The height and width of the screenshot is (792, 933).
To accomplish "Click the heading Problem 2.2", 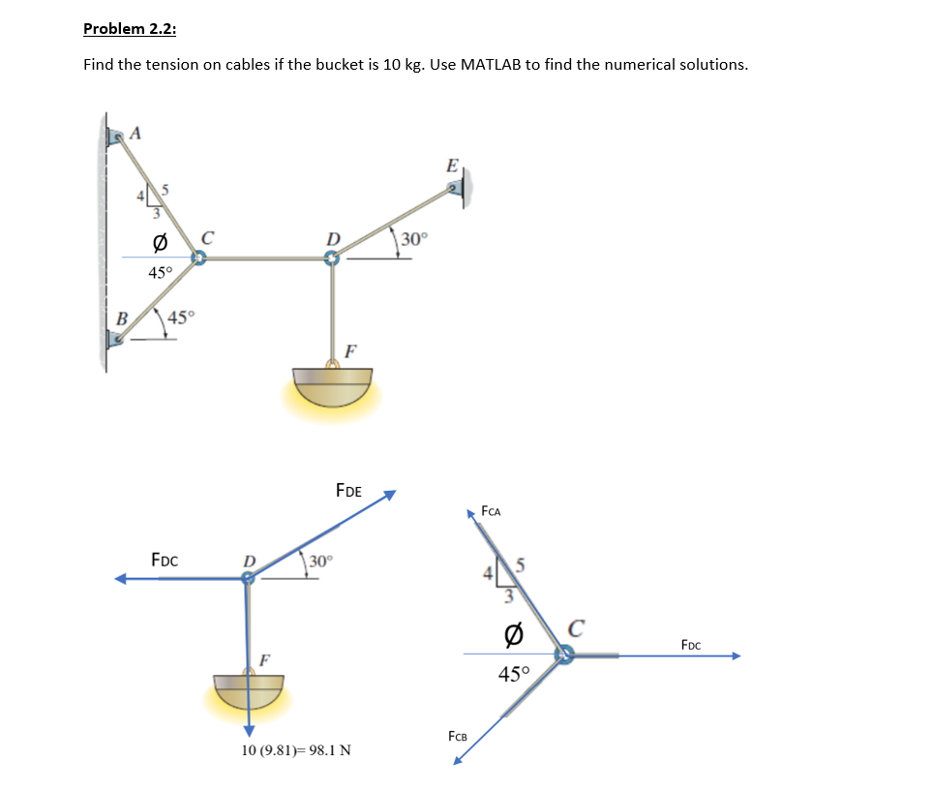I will tap(130, 28).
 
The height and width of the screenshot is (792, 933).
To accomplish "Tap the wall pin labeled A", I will tap(118, 138).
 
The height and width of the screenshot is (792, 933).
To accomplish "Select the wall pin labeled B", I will tap(116, 338).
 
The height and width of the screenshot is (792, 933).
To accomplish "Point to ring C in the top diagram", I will tap(198, 259).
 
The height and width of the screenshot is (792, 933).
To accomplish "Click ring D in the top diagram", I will tap(332, 259).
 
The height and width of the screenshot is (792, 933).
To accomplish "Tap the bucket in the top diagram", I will tap(331, 385).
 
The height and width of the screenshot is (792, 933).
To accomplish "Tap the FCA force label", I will tap(493, 511).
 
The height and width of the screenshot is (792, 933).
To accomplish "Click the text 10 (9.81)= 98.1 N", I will tap(296, 750).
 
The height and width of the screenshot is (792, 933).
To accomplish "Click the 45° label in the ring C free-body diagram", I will tap(515, 675).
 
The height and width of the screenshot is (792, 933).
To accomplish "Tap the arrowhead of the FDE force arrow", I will tap(390, 495).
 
